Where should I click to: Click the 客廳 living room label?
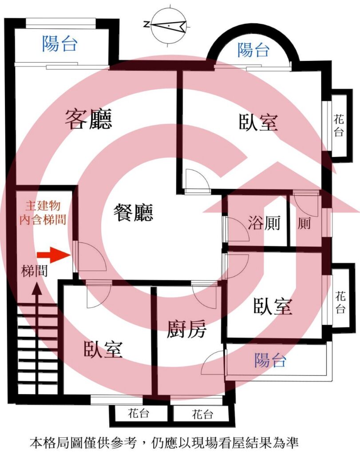coord(88,119)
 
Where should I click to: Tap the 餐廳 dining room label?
coord(133,212)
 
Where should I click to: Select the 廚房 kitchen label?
coord(186,329)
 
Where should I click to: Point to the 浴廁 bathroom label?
coord(264,223)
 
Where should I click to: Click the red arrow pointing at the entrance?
coord(54,255)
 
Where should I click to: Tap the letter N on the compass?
coord(146,24)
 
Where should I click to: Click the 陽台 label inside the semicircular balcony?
coord(253,50)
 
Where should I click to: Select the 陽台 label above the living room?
coord(60,44)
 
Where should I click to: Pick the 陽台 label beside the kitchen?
coord(270,360)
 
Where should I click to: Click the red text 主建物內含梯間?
coord(43,213)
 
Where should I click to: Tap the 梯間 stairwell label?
coord(34,271)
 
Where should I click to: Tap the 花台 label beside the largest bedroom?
coord(339,126)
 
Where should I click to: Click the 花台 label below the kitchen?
coord(202,414)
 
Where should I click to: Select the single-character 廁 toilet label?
coord(304,224)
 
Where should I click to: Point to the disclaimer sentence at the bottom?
coord(164,443)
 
